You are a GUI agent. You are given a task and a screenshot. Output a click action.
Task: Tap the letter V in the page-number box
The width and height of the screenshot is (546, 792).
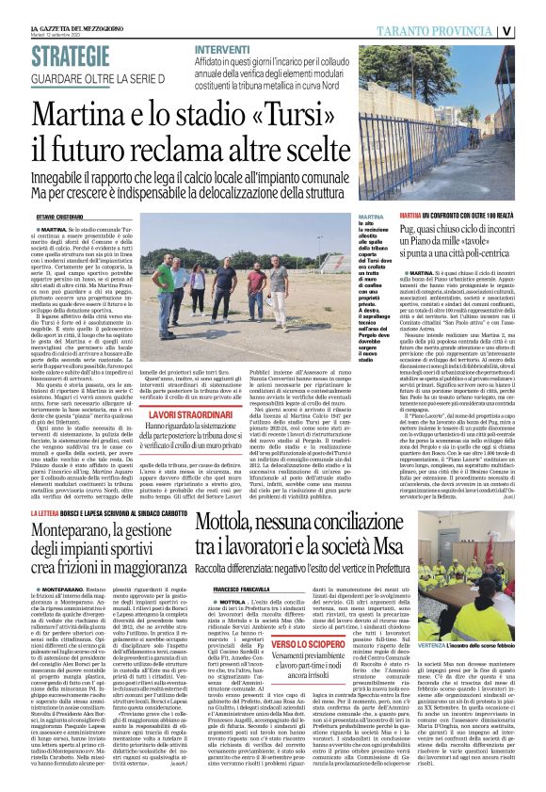tap(533, 29)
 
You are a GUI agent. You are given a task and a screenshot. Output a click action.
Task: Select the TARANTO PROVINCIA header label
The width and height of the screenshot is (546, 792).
tap(467, 29)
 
